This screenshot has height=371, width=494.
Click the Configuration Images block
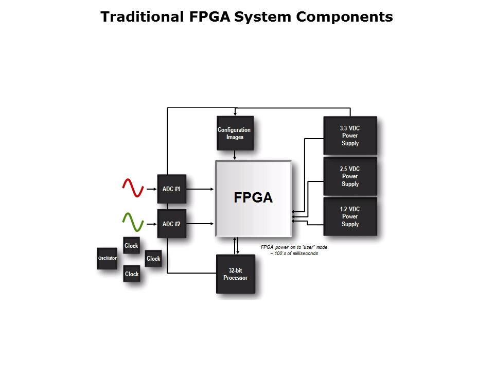coord(235,133)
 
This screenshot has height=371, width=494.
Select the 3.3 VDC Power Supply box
coord(350,136)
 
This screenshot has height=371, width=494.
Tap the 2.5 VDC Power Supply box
coord(350,176)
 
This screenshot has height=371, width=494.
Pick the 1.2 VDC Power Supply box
coord(350,216)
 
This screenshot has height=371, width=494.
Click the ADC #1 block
coord(171,189)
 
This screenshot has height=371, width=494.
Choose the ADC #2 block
coord(171,224)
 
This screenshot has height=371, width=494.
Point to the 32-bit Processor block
coord(235,274)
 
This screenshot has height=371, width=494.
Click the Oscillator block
coord(107,258)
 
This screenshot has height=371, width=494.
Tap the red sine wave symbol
coord(132,188)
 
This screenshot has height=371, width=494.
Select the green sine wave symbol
coord(132,223)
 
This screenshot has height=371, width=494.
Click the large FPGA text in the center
coord(253,198)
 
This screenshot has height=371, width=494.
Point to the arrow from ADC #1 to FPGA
coord(200,189)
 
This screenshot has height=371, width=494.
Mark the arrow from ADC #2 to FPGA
coord(200,224)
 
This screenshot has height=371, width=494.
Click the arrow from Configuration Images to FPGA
coord(235,155)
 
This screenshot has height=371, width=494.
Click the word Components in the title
coord(344,17)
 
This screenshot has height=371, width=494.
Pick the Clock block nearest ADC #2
coord(131,246)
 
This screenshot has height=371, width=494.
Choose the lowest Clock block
coord(132,274)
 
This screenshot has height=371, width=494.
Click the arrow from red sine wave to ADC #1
coord(150,189)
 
